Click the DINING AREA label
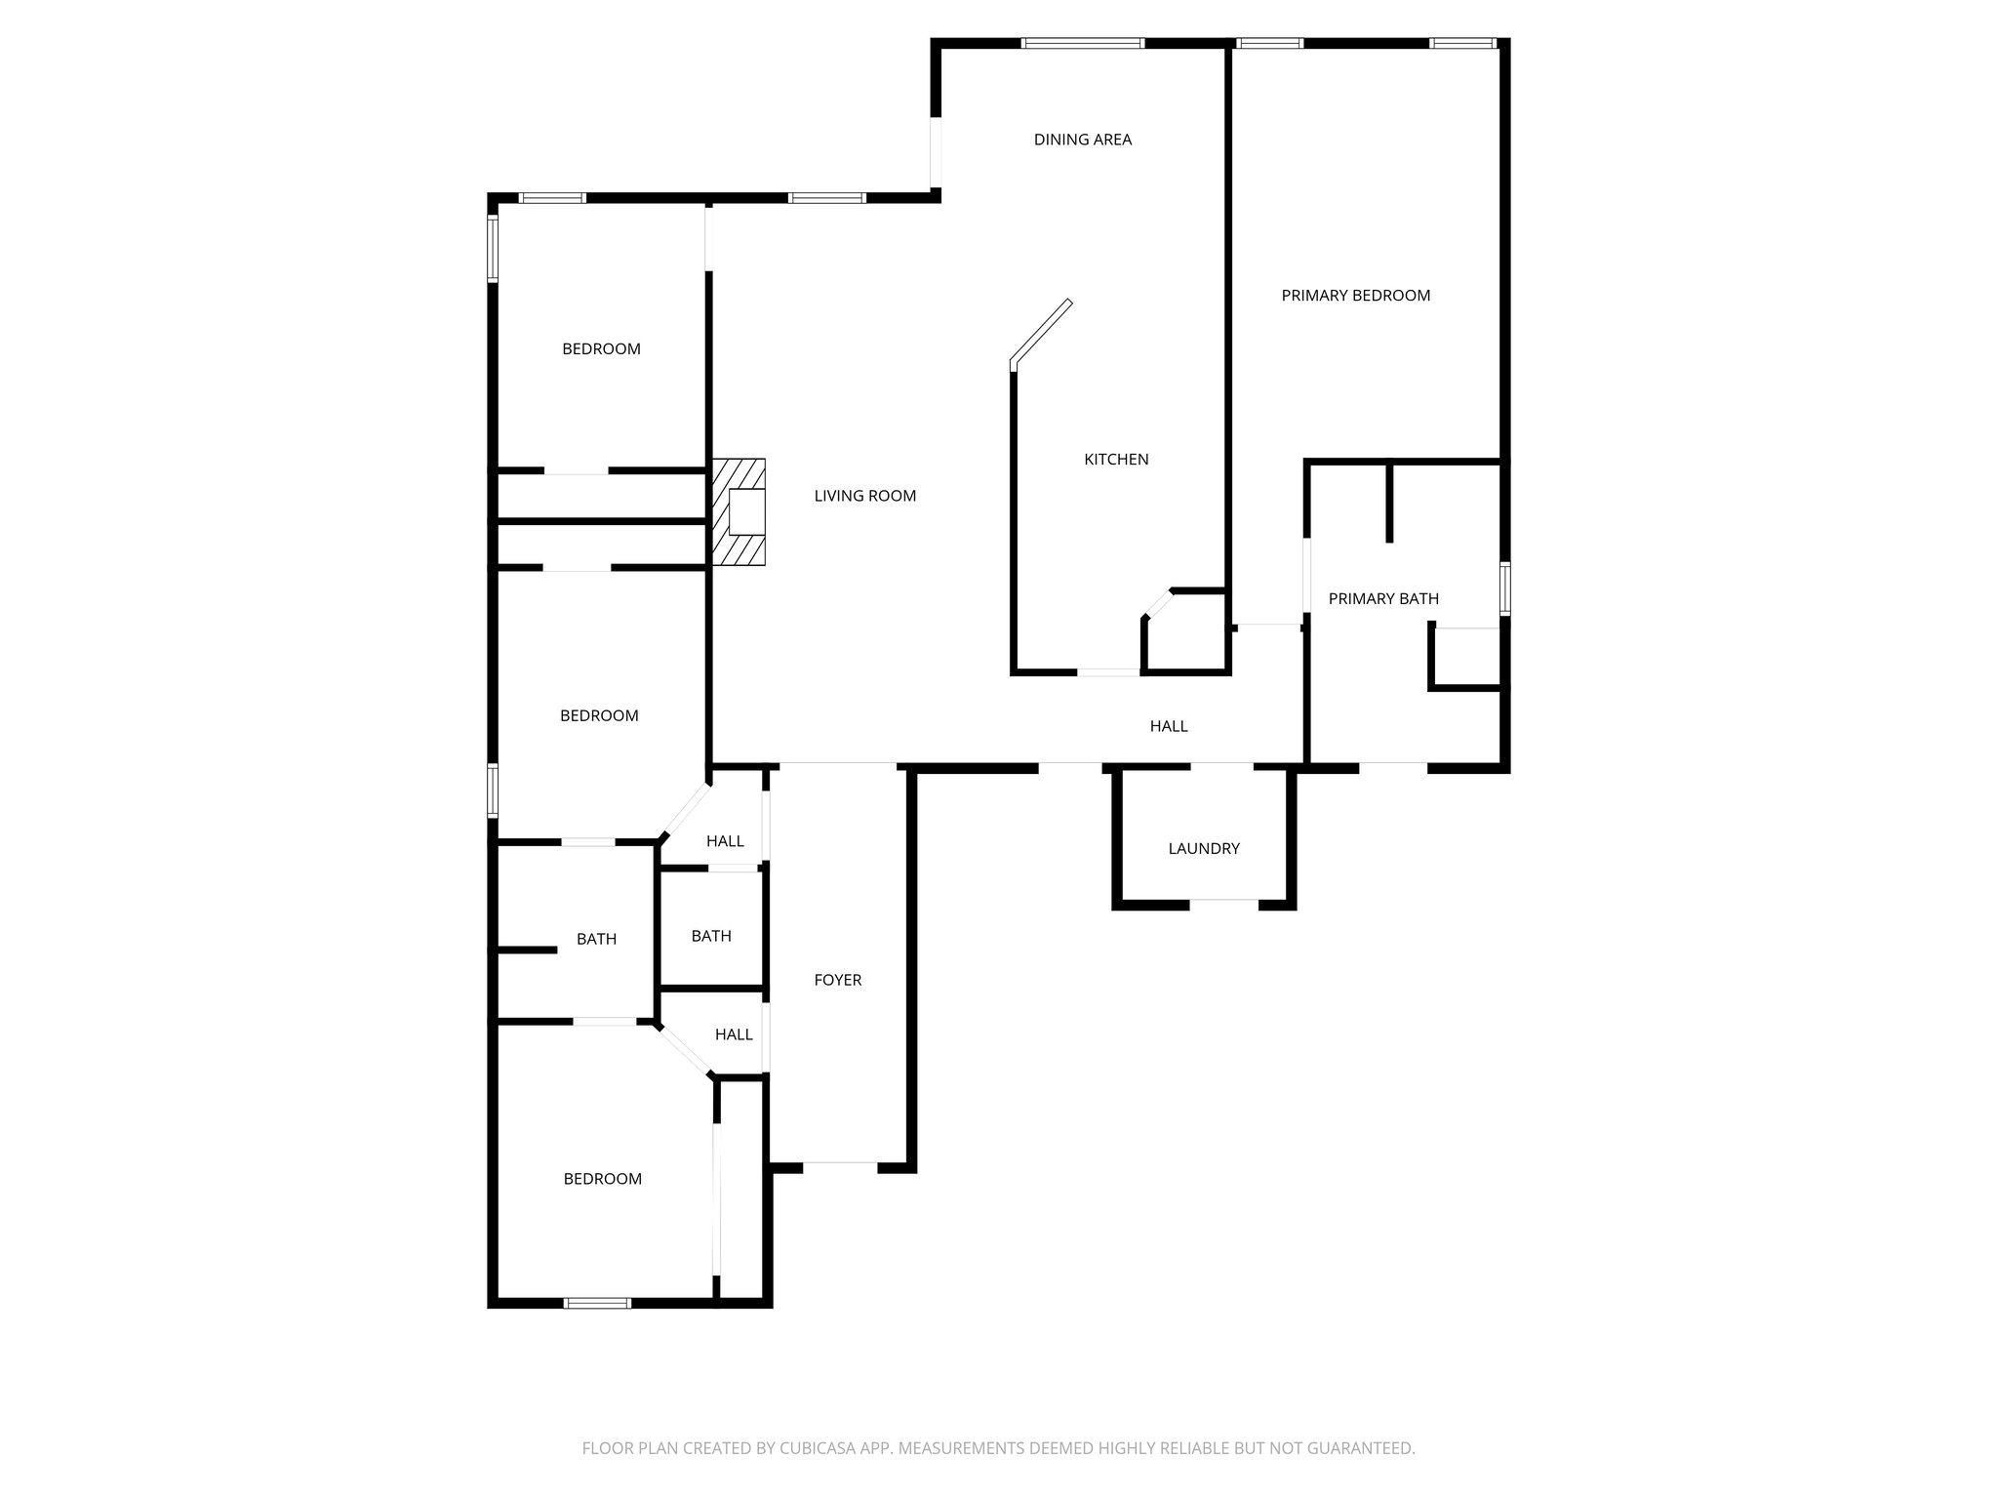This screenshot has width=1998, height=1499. pyautogui.click(x=1082, y=140)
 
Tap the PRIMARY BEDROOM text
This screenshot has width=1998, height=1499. pyautogui.click(x=1355, y=296)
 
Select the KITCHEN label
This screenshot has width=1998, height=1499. pyautogui.click(x=1116, y=460)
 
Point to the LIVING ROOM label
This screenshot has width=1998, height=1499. pyautogui.click(x=864, y=496)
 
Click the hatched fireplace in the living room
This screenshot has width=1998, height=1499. pyautogui.click(x=739, y=511)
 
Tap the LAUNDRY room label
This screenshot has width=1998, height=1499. pyautogui.click(x=1203, y=849)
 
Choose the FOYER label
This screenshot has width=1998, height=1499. pyautogui.click(x=837, y=980)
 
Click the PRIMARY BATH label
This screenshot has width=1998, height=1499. pyautogui.click(x=1382, y=599)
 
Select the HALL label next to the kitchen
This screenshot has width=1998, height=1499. pyautogui.click(x=1168, y=726)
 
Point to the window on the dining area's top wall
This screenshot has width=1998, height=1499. pyautogui.click(x=1082, y=43)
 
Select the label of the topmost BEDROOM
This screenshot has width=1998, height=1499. pyautogui.click(x=601, y=349)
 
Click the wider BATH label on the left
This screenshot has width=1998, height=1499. pyautogui.click(x=595, y=939)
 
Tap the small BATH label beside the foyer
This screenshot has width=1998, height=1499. pyautogui.click(x=710, y=936)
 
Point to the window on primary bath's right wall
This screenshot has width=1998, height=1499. pyautogui.click(x=1504, y=587)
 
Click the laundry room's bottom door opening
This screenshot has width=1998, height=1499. pyautogui.click(x=1223, y=903)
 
